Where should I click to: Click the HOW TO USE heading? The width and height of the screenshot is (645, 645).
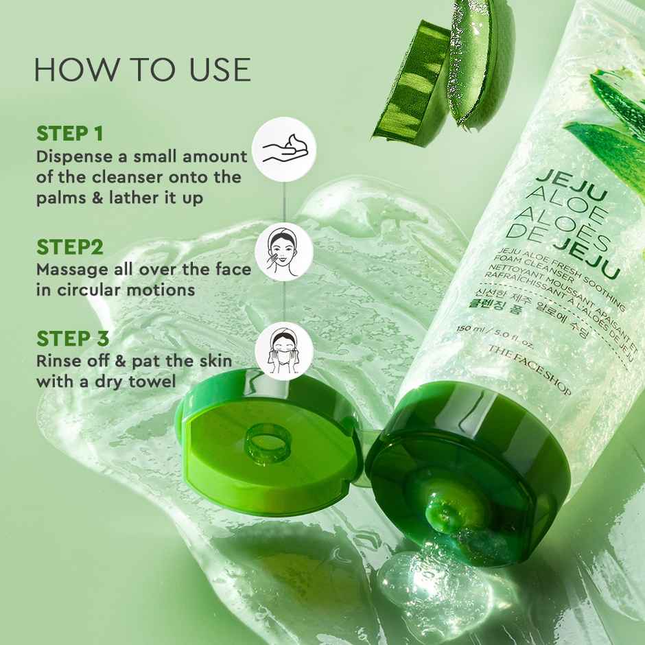pos(143,70)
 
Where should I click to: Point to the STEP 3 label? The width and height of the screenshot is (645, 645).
pos(73,338)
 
